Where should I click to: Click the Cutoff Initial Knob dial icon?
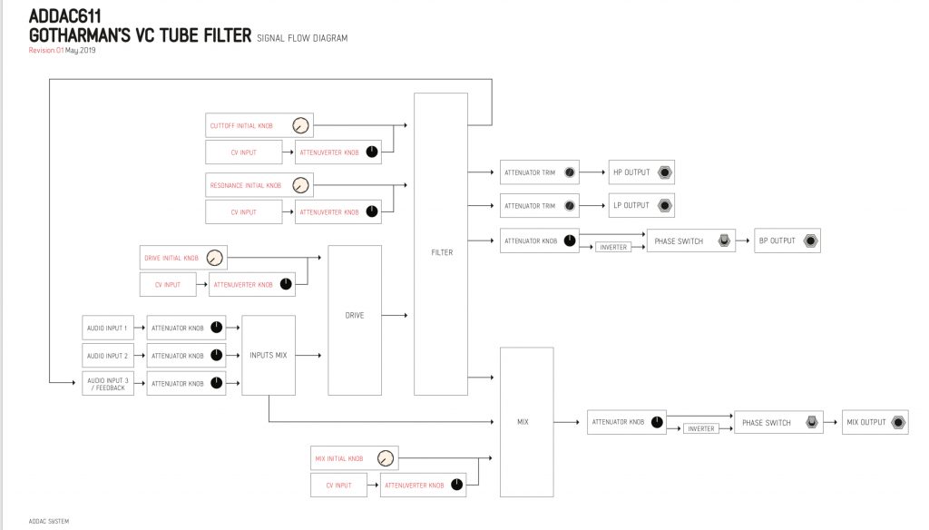300,125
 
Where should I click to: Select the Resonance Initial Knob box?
259,185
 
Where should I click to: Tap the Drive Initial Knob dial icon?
214,258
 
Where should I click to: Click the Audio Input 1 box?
108,328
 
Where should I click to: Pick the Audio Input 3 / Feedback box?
108,384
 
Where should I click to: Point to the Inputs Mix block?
269,355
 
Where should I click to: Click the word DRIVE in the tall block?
355,316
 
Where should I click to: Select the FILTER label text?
442,252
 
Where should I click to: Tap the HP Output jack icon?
665,172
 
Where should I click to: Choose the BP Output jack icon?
810,240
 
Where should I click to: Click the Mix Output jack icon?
898,422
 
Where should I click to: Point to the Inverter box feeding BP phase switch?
613,247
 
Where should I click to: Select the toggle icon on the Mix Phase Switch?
812,422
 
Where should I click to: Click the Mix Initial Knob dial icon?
386,458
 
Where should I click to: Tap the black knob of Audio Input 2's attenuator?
217,355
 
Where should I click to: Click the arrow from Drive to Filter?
395,316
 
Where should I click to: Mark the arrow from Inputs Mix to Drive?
308,355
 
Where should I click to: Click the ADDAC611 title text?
65,16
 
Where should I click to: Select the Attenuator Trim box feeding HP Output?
539,172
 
